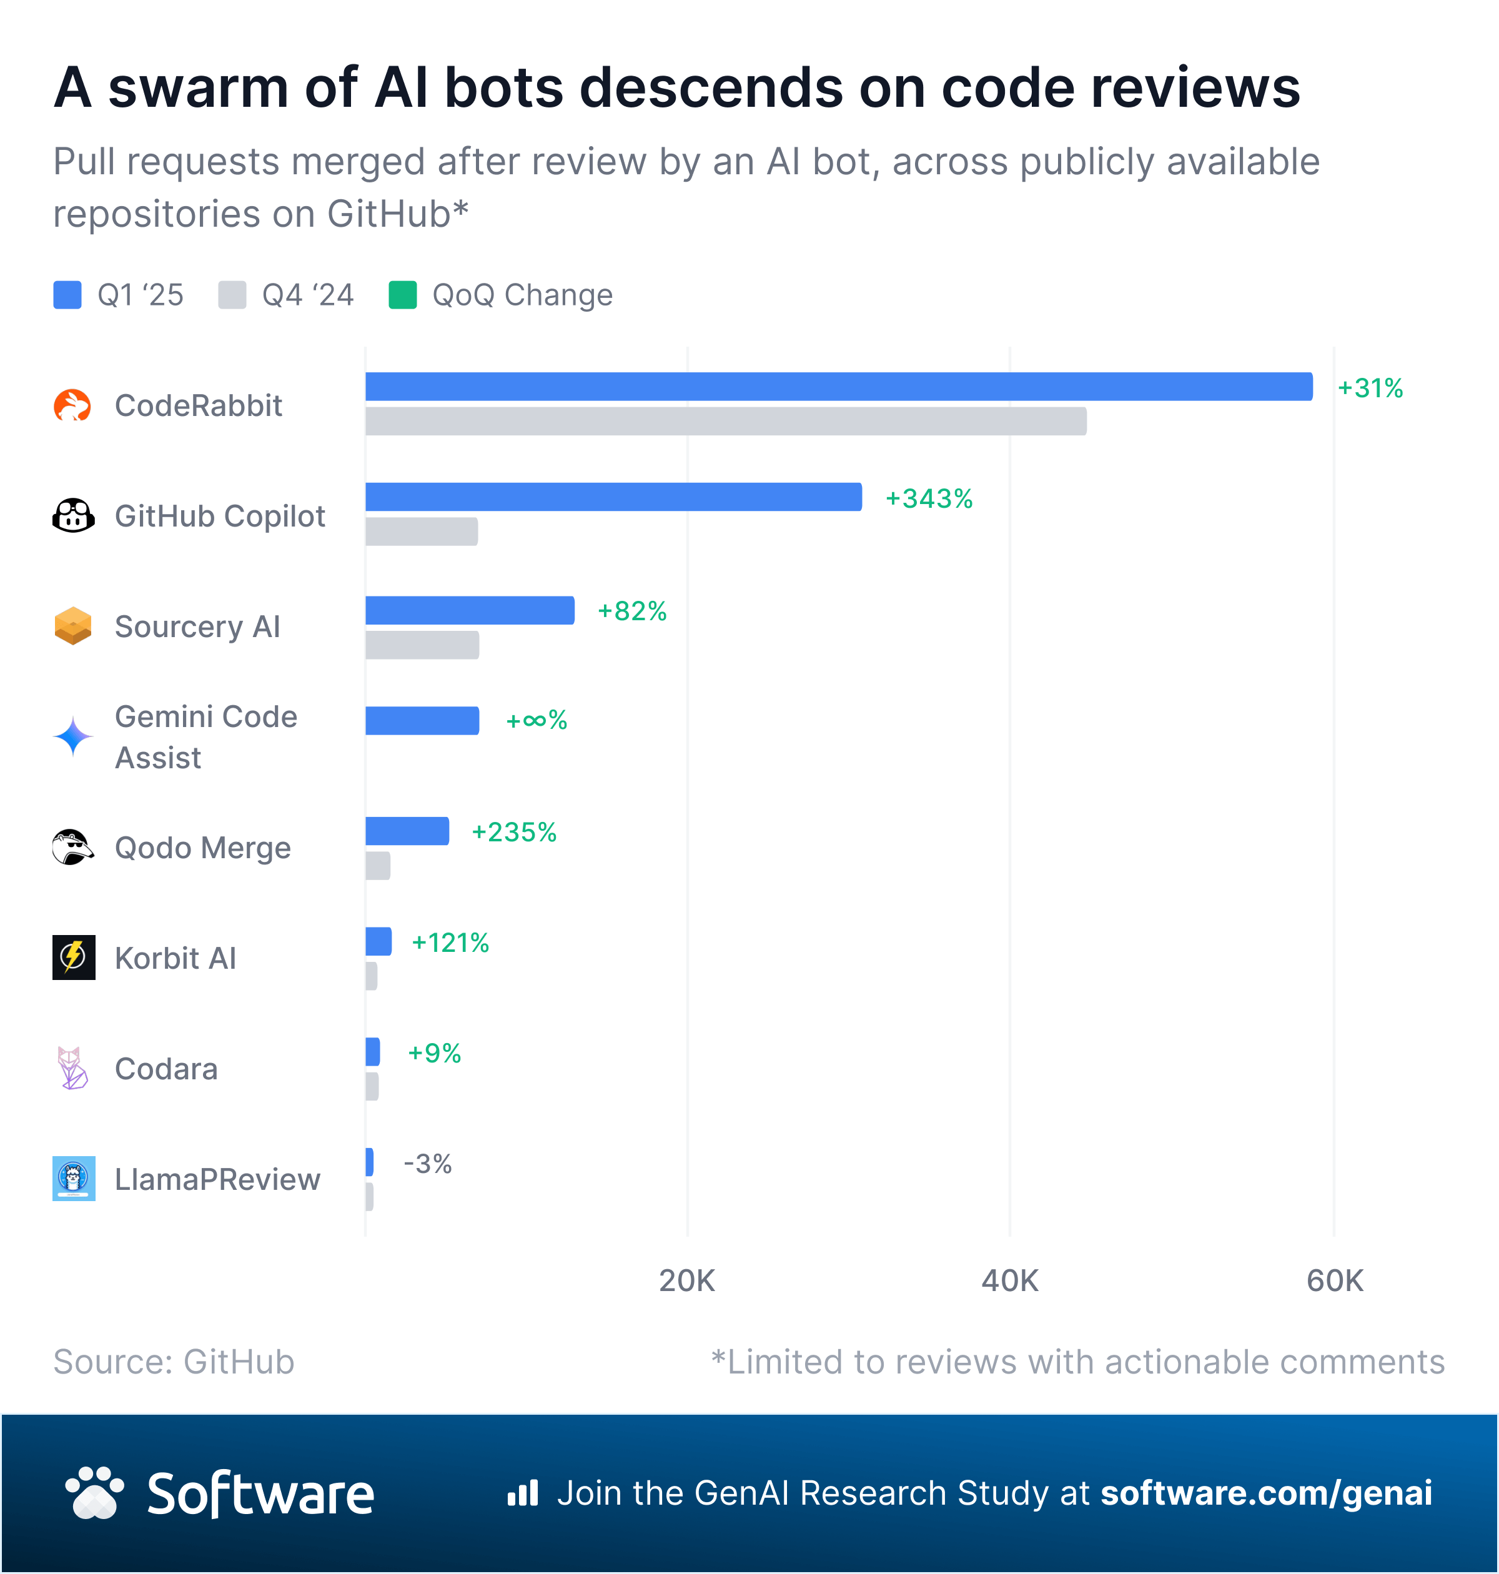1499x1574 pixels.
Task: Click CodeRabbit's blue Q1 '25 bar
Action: (x=838, y=387)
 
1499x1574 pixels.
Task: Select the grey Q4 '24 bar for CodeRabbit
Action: (x=726, y=421)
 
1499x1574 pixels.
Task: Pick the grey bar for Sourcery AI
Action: (x=422, y=645)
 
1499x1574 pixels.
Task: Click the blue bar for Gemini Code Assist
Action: (x=422, y=720)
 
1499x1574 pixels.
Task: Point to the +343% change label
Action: (x=929, y=498)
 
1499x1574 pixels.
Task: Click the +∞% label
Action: (x=536, y=721)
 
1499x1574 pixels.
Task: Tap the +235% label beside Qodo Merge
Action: (x=514, y=832)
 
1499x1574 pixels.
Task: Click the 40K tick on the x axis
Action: (x=1009, y=1281)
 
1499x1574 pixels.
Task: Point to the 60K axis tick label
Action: (x=1333, y=1281)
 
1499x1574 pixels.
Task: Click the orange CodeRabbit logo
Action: (x=72, y=406)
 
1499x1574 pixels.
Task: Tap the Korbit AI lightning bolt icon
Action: (x=74, y=957)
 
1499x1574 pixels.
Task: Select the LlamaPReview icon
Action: (x=74, y=1179)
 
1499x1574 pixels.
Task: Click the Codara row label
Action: (x=166, y=1069)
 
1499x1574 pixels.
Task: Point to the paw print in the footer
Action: (x=95, y=1493)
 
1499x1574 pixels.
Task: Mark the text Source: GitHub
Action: (x=174, y=1362)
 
